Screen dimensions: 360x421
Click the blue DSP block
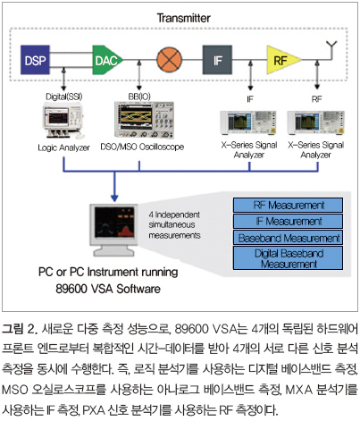[x=35, y=60]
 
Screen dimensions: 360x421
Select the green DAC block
[x=106, y=60]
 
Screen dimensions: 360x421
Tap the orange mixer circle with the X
[x=169, y=60]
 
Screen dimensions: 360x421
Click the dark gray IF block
[x=217, y=60]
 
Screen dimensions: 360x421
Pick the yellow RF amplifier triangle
[x=281, y=60]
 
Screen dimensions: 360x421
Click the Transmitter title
[x=183, y=18]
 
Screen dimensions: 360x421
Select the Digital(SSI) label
[x=63, y=97]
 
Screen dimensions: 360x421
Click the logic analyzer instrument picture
[x=63, y=121]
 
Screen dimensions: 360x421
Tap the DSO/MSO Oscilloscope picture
[x=144, y=120]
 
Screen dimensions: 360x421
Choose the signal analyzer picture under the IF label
[x=248, y=122]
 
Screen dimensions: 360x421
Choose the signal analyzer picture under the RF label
[x=315, y=122]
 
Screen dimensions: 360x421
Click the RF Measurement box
[x=288, y=205]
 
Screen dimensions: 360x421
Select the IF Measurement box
[x=288, y=222]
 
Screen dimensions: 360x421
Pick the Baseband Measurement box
[x=288, y=238]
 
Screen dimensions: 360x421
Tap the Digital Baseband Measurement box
[x=288, y=258]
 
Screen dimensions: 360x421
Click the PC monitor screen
[x=114, y=222]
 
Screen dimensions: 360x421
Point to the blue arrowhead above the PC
[x=114, y=198]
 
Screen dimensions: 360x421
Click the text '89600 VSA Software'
[x=108, y=289]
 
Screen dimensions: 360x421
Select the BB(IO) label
[x=139, y=97]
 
